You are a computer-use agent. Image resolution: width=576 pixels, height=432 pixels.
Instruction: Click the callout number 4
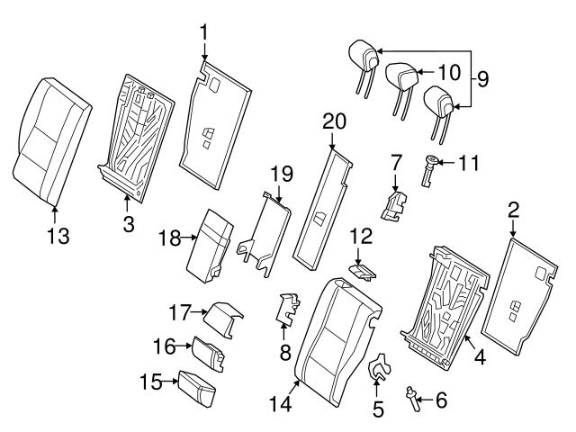coord(479,357)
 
